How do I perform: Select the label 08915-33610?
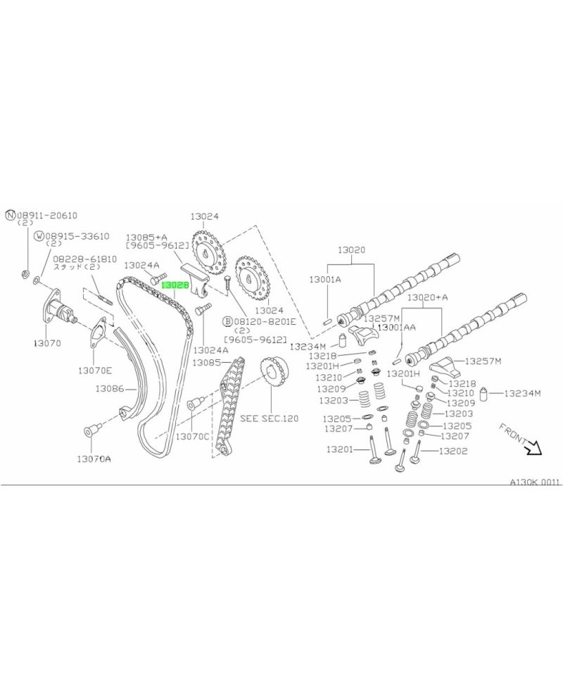77,237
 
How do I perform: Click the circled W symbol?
40,237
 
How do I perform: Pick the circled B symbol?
227,321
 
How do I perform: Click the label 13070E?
95,368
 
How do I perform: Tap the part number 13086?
110,388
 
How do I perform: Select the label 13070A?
94,459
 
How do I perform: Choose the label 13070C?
192,437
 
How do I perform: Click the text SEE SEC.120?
270,418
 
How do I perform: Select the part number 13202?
453,451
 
